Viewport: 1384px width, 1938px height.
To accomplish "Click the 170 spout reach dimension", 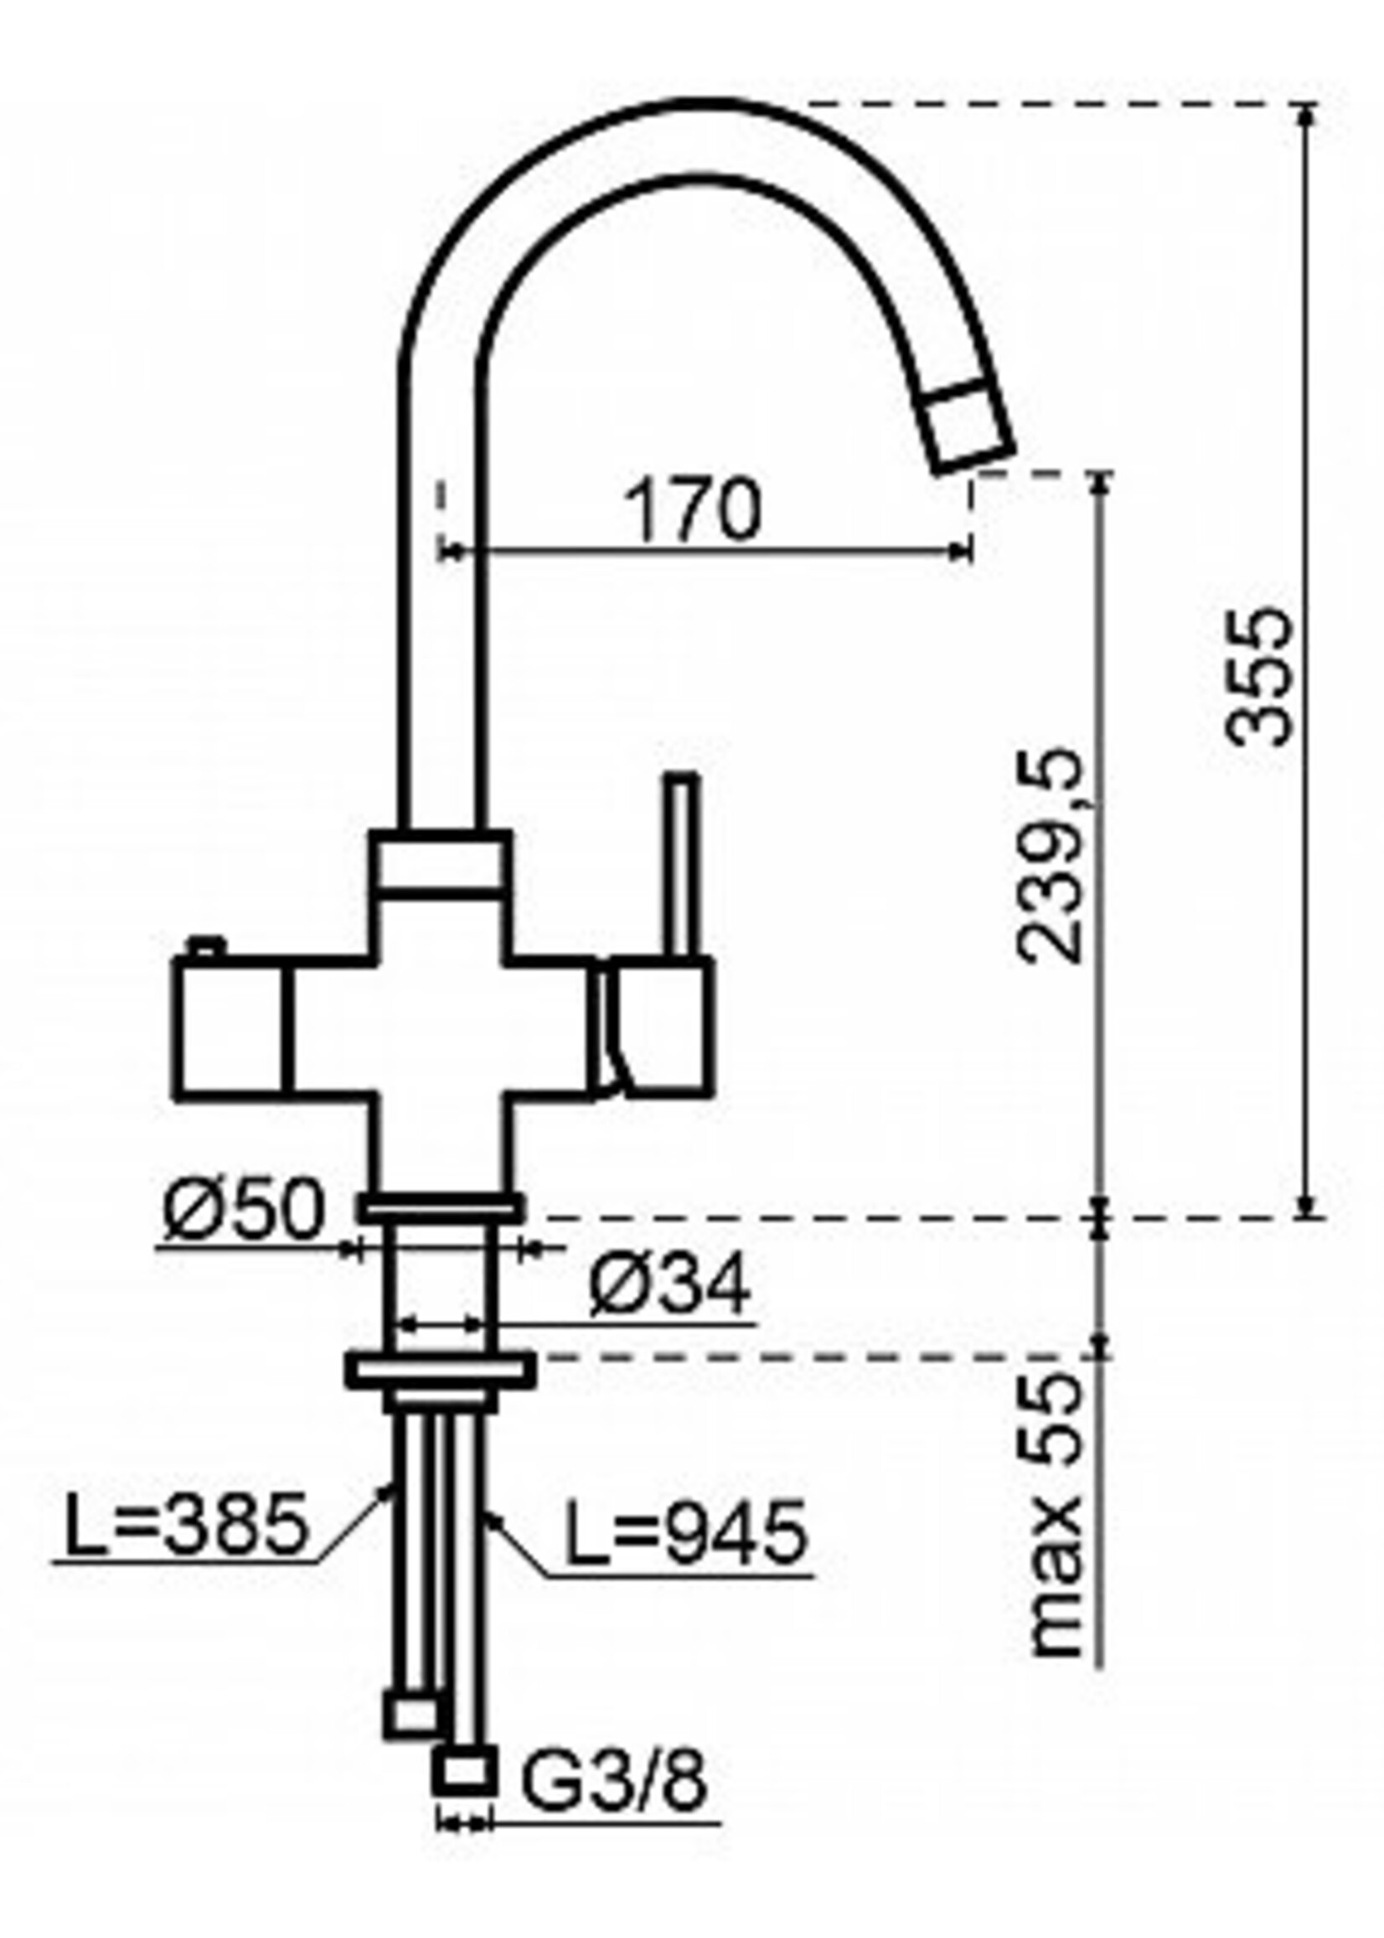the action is click(692, 510).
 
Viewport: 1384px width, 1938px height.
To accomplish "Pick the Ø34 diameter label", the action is click(669, 1285).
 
